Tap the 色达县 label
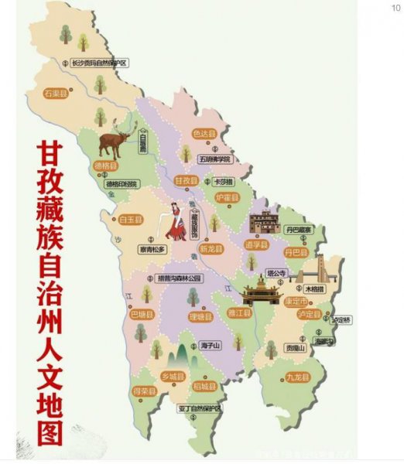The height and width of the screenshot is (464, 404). coord(204,135)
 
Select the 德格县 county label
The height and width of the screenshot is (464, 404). coord(106,166)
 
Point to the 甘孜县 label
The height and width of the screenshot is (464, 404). coord(187,180)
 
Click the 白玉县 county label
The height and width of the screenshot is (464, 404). coord(132,220)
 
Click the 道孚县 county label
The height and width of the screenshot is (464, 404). coord(256,244)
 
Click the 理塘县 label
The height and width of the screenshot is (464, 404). coord(199,317)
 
